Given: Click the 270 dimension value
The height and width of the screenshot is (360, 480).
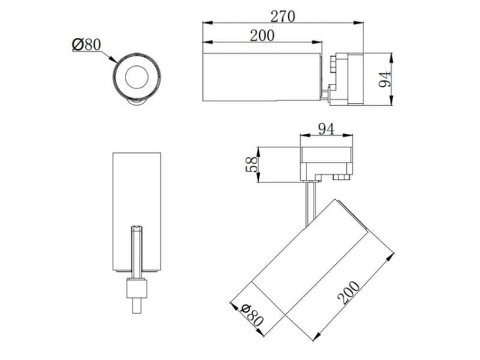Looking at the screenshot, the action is (x=283, y=17).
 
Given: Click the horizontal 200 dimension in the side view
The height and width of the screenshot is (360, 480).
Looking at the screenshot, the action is (x=262, y=35).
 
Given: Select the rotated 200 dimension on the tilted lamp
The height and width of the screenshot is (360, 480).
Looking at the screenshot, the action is (x=349, y=293).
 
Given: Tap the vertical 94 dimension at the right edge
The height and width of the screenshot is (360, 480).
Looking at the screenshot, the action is (x=385, y=79).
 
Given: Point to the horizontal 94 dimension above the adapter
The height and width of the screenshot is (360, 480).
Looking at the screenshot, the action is (x=326, y=129).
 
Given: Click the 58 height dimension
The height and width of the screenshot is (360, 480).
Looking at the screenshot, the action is (x=252, y=165).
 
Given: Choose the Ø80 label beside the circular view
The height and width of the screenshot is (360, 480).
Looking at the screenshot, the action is (x=86, y=45).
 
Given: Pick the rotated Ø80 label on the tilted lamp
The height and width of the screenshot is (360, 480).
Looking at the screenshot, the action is (x=252, y=315).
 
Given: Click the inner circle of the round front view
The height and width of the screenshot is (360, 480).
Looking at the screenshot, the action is (x=137, y=77).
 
